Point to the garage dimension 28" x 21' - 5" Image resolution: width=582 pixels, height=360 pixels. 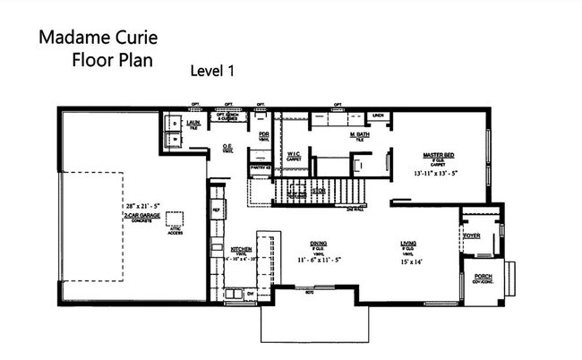[x=143, y=208]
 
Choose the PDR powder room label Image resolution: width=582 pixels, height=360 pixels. [x=264, y=135]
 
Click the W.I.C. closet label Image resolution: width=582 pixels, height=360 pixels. [x=294, y=154]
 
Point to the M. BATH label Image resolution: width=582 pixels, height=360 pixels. [x=360, y=135]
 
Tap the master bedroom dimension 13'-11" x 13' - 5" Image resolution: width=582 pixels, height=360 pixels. [x=441, y=172]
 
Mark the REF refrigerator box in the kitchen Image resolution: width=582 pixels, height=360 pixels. [x=216, y=210]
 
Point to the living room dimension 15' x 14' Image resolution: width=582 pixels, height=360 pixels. [x=411, y=261]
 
